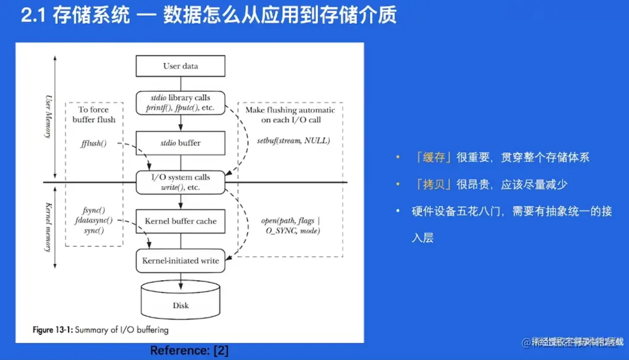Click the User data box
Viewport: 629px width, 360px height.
[181, 66]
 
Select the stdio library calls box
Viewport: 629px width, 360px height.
[181, 103]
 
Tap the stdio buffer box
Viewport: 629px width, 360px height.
[181, 143]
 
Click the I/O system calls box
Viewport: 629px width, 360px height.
[181, 182]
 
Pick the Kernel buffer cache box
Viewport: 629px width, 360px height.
[181, 221]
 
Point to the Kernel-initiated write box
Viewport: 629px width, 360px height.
[181, 260]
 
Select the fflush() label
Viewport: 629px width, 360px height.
[93, 144]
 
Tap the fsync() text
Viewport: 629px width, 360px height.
[94, 210]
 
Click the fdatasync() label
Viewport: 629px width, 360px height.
[94, 220]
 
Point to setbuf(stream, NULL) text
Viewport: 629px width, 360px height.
[293, 141]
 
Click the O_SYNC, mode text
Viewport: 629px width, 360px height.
[290, 230]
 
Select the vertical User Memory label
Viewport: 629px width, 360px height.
[48, 116]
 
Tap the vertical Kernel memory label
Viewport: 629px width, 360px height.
[48, 227]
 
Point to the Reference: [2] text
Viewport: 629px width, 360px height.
[189, 350]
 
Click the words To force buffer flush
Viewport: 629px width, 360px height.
[94, 114]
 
